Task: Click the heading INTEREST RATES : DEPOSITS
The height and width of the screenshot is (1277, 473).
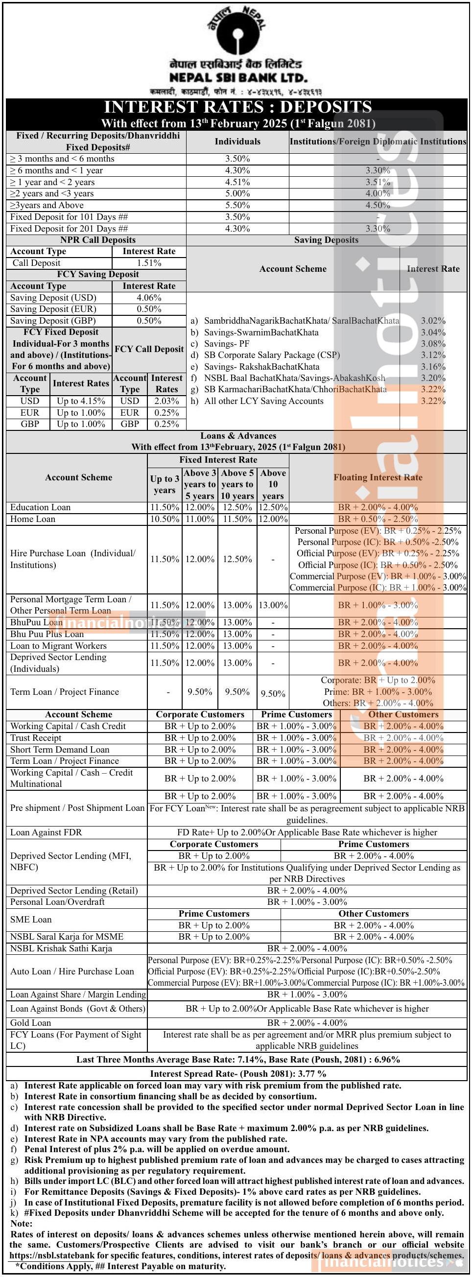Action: [x=237, y=107]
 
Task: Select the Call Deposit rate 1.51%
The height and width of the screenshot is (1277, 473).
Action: [x=149, y=263]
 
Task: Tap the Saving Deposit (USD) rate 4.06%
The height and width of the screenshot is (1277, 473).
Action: [x=149, y=298]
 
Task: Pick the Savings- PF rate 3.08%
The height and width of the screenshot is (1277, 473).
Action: [x=433, y=344]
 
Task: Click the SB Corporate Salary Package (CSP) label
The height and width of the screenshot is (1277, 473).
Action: [x=272, y=355]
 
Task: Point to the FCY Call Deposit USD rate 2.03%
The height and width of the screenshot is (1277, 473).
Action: [x=166, y=401]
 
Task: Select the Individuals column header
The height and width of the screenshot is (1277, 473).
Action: [x=237, y=142]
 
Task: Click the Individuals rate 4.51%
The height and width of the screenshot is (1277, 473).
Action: [x=237, y=182]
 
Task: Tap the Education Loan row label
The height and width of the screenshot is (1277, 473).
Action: [x=41, y=507]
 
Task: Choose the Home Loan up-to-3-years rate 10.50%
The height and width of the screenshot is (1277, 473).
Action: [x=165, y=519]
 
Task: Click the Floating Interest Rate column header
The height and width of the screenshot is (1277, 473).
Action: [x=378, y=477]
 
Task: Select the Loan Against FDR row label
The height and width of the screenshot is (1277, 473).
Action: [x=46, y=832]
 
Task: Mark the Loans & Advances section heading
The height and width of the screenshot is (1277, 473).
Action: [x=238, y=436]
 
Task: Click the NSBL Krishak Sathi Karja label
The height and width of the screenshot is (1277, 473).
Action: [x=61, y=948]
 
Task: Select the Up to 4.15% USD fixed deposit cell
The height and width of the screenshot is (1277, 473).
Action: [x=81, y=401]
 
